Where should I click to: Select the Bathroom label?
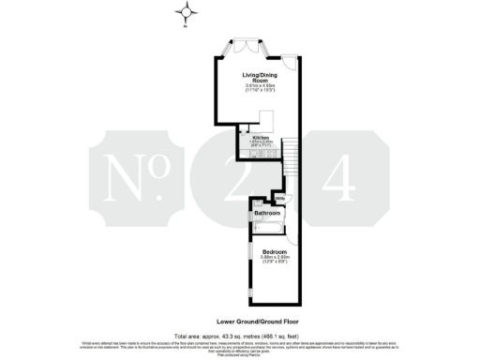tap(268, 214)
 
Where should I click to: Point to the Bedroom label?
tap(275, 252)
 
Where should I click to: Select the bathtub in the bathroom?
tap(266, 225)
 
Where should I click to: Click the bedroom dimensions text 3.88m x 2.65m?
tap(275, 259)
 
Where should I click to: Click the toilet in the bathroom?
tap(255, 202)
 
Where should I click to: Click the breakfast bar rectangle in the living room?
tap(266, 119)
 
